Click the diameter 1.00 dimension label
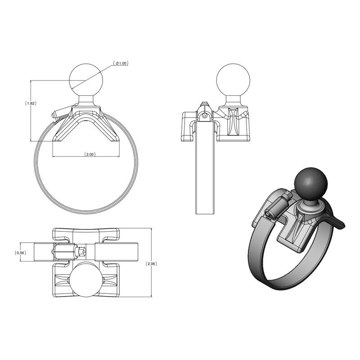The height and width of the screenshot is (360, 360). (121, 63)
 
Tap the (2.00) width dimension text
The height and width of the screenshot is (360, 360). (90, 154)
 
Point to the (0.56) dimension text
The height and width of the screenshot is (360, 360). (21, 252)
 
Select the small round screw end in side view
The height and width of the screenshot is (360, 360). (205, 115)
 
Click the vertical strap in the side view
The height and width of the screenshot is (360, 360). (207, 175)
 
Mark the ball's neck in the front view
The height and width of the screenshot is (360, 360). (86, 101)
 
